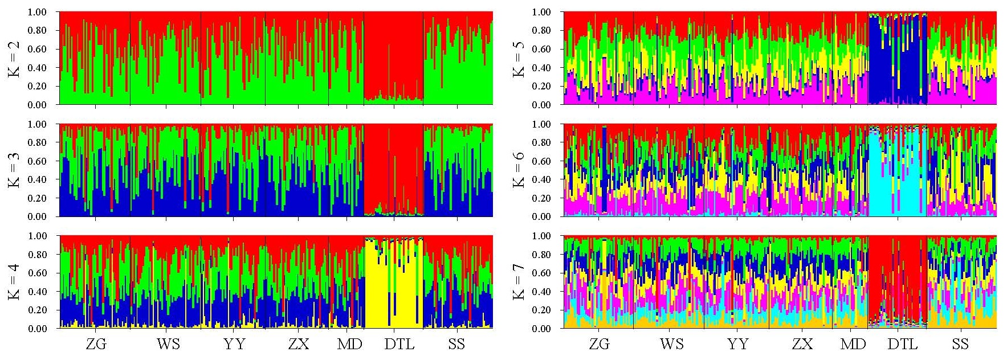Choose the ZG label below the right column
pos(599,344)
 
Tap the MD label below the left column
pos(349,344)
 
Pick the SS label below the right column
pos(960,344)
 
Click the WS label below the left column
pos(168,344)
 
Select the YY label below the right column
pos(737,344)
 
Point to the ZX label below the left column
pos(299,344)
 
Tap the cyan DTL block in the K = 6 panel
pos(898,182)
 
